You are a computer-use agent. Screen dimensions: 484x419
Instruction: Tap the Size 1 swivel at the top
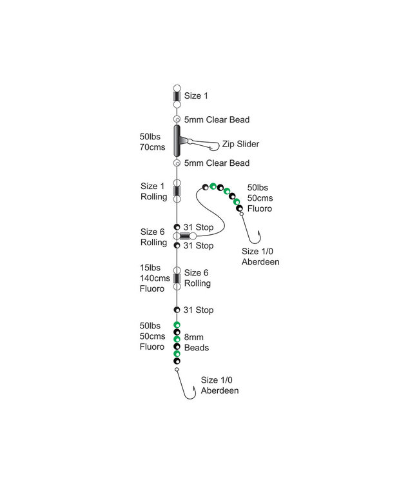pyautogui.click(x=177, y=96)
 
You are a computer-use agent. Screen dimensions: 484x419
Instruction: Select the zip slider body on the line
pyautogui.click(x=177, y=141)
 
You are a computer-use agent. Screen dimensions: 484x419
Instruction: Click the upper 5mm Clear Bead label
pyautogui.click(x=217, y=119)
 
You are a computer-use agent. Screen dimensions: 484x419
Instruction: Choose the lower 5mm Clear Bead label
pyautogui.click(x=217, y=163)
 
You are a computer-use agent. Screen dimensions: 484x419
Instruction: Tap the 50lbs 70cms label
pyautogui.click(x=153, y=142)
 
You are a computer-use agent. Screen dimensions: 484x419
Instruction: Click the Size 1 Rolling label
pyautogui.click(x=154, y=191)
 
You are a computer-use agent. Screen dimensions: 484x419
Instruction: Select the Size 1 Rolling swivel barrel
pyautogui.click(x=177, y=191)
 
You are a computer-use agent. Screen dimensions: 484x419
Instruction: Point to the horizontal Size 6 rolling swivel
pyautogui.click(x=186, y=236)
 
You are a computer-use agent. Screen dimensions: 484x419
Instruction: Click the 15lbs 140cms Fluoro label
pyautogui.click(x=153, y=278)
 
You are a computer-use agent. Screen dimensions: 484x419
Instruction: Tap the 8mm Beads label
pyautogui.click(x=196, y=342)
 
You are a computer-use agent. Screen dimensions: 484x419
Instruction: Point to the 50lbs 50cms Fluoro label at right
pyautogui.click(x=260, y=197)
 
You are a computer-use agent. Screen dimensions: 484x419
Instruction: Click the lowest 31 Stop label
pyautogui.click(x=199, y=310)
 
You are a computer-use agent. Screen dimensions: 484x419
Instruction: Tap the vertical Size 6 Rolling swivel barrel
pyautogui.click(x=177, y=278)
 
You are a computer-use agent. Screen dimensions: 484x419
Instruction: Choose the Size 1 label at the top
pyautogui.click(x=196, y=96)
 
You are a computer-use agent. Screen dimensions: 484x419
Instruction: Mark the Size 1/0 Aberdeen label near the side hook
pyautogui.click(x=260, y=256)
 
